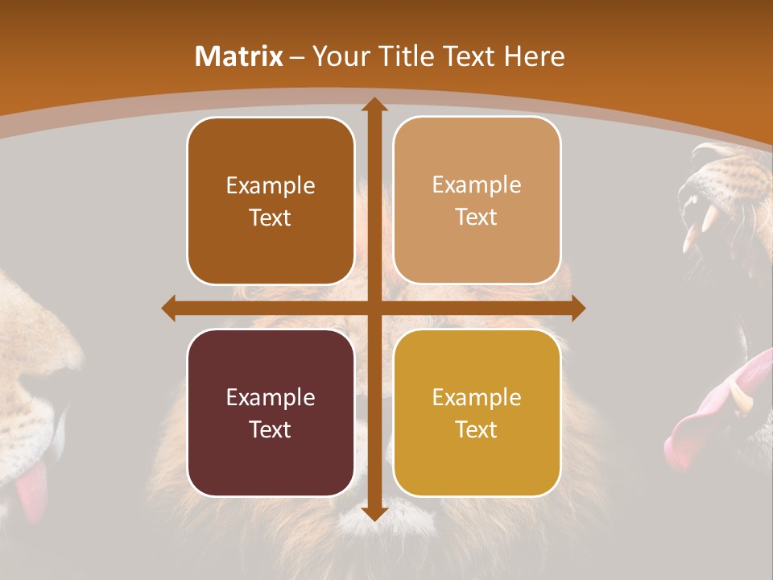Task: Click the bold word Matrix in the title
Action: [239, 56]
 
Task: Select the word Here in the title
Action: [535, 56]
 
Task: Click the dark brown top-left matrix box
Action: [271, 201]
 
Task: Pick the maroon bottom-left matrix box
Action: [271, 412]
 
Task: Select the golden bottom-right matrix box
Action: [477, 412]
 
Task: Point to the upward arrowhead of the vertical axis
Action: [374, 105]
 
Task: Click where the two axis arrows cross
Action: [374, 309]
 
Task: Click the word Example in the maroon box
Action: [271, 397]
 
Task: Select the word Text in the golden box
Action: [477, 429]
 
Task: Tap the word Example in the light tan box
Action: [477, 184]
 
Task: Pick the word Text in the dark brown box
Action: [271, 217]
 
